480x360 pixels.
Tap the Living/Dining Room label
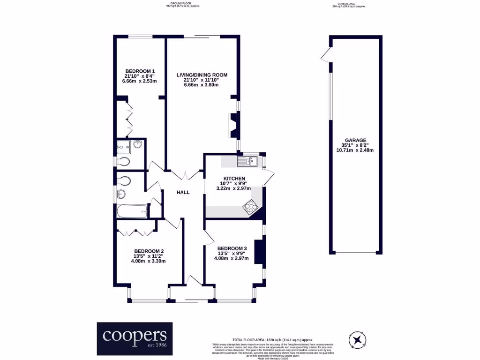pos(202,75)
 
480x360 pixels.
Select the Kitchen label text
pos(234,179)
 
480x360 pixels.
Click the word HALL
pos(183,192)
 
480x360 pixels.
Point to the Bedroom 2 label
pos(149,251)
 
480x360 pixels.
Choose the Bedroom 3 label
pos(232,248)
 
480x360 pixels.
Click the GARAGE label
pos(356,140)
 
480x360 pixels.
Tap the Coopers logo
pos(135,338)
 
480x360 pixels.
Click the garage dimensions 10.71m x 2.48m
pos(356,150)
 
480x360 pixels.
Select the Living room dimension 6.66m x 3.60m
pos(202,85)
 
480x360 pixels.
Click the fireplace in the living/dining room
pos(234,125)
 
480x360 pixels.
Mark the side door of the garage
pos(326,55)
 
